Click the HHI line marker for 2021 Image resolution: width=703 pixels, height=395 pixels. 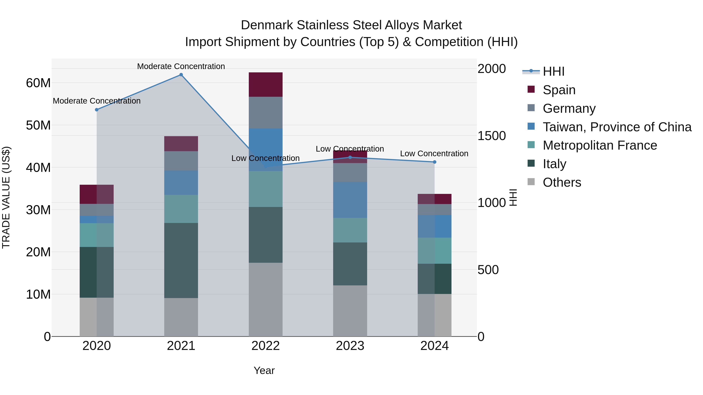181,75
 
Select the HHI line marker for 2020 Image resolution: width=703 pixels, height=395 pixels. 97,110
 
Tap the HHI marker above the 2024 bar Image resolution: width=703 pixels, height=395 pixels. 434,162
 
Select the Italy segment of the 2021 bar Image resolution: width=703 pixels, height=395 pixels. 181,260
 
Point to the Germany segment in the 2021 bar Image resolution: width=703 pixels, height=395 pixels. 181,161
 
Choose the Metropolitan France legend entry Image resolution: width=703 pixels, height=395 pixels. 600,145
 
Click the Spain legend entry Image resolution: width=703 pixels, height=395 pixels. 559,90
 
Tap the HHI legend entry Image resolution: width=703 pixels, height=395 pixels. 553,71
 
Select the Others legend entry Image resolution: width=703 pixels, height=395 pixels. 562,182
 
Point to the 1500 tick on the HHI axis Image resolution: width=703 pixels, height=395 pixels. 492,136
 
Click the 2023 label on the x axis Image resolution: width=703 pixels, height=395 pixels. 350,346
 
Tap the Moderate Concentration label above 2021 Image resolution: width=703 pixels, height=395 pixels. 181,66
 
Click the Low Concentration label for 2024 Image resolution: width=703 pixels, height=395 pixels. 434,154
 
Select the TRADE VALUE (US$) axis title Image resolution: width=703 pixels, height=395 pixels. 6,197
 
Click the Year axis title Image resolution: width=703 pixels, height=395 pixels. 264,370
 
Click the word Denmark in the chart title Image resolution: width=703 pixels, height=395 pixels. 267,25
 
